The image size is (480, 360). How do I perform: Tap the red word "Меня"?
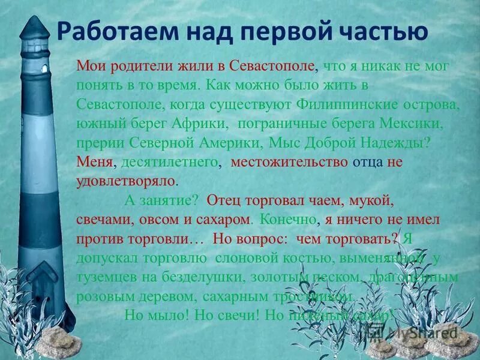click(94, 162)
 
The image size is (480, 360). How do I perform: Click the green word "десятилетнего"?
click(170, 162)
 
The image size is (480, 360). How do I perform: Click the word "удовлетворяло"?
click(127, 181)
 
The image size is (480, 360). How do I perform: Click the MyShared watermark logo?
click(420, 333)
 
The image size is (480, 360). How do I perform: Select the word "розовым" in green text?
click(100, 296)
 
